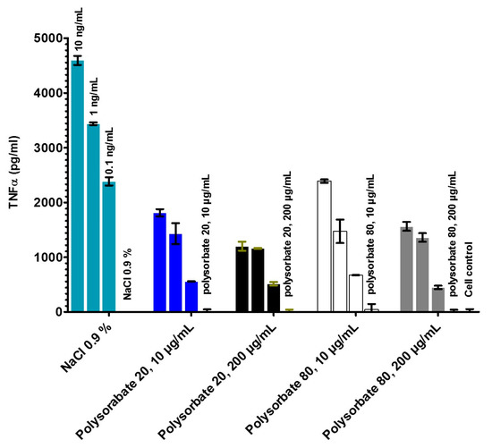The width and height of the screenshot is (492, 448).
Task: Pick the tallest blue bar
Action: click(x=160, y=263)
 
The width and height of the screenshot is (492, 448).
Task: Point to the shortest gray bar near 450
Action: click(x=437, y=300)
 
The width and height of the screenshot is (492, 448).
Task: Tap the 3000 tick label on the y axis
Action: click(x=42, y=148)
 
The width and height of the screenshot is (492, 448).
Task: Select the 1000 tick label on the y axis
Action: click(x=42, y=258)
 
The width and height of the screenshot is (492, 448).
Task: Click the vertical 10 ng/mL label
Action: click(x=80, y=30)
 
